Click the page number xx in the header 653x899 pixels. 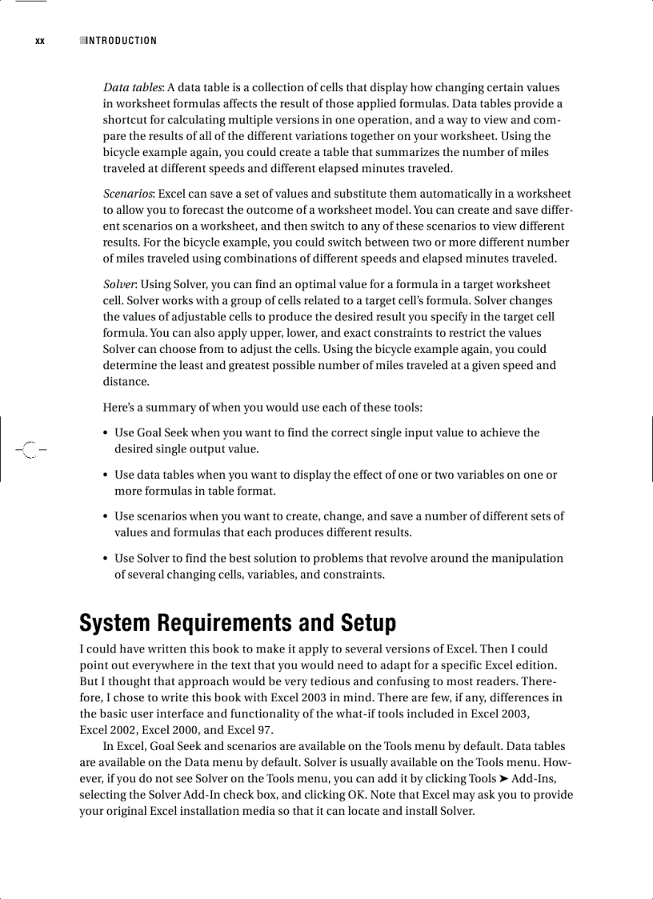tap(40, 41)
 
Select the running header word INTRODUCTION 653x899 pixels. tap(121, 41)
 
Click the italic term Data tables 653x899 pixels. tap(133, 87)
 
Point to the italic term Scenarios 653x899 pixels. tap(129, 194)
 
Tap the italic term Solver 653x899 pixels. tap(119, 284)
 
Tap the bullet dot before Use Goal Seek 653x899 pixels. tap(106, 433)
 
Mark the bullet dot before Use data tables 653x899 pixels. tap(106, 475)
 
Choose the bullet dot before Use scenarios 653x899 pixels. tap(106, 516)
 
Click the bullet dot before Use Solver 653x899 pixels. tap(106, 558)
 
